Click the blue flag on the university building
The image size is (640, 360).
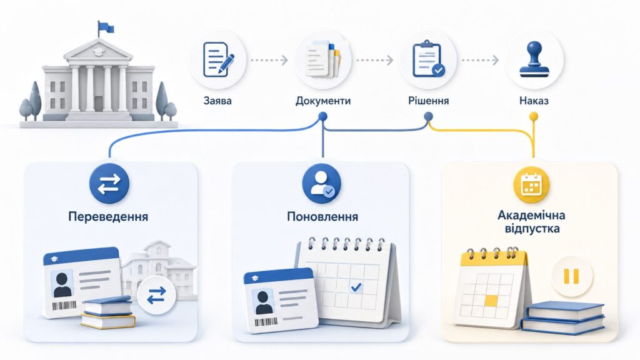106,27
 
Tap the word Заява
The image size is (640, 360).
217,101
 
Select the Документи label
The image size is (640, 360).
323,101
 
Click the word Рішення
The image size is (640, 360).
429,101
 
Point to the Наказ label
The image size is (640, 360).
534,101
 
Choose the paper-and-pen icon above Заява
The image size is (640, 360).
218,59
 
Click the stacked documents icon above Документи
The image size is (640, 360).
323,59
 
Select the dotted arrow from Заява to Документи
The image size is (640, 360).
269,61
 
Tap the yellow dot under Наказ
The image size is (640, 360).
534,117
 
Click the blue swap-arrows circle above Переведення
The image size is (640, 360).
109,184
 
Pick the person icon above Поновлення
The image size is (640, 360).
322,184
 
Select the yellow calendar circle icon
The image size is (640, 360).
531,184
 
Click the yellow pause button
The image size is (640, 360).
571,276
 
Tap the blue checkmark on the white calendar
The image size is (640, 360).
356,287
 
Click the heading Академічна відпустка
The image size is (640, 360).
531,222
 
